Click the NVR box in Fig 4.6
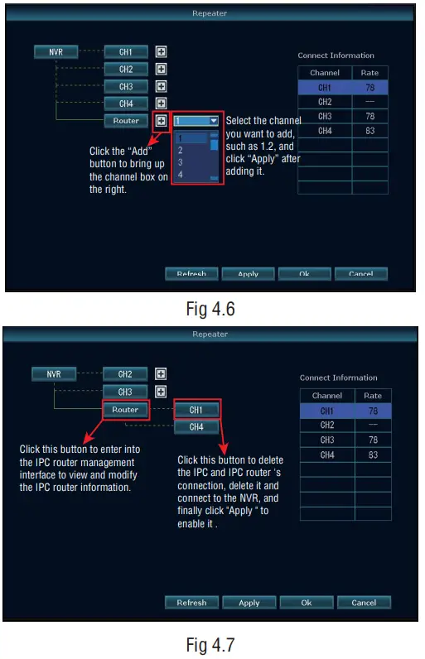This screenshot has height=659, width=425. (x=56, y=51)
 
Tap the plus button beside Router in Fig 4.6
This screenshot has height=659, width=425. (x=162, y=121)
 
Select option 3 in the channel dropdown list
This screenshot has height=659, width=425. (x=181, y=162)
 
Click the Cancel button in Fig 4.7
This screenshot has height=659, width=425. (x=364, y=602)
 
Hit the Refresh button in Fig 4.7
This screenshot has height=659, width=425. (x=191, y=602)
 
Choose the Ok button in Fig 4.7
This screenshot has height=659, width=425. (x=307, y=602)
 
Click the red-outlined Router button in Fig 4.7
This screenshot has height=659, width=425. (x=125, y=409)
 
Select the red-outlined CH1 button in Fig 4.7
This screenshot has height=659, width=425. (x=196, y=409)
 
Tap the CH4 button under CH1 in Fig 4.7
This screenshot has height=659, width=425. (x=196, y=427)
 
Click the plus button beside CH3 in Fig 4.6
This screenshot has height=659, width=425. (x=162, y=86)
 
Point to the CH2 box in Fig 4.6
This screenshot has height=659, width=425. (x=126, y=69)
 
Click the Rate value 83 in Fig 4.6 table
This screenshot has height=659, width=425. (x=369, y=131)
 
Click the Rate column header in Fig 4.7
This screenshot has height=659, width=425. (x=372, y=396)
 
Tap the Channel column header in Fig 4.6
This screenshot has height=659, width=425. (x=325, y=73)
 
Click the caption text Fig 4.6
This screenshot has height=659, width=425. (x=211, y=309)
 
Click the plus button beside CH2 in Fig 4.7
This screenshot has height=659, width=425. (x=162, y=374)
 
